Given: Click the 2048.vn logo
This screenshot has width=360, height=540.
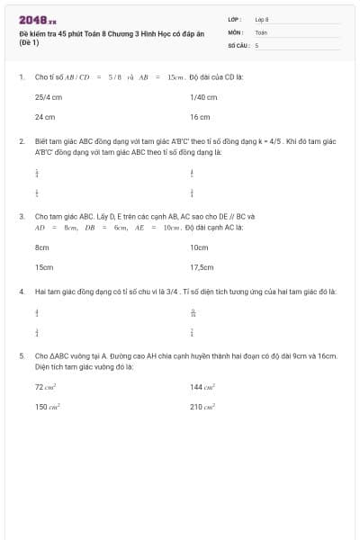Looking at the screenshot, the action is coord(37,20).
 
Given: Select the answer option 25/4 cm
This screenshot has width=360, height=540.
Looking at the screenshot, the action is coord(49,96).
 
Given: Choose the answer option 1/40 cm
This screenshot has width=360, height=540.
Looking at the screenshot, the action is coord(203,96).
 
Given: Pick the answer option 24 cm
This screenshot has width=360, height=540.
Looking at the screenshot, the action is coord(45,117).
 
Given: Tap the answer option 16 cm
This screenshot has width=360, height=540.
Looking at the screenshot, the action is coord(200,117).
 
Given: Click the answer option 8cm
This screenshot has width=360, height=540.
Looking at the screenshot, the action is coord(41,247).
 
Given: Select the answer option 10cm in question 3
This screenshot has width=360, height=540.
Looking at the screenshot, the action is coord(199,247).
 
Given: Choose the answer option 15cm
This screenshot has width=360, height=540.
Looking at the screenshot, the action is coord(43,267).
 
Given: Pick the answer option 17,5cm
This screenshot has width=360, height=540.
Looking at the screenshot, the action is coord(202,267).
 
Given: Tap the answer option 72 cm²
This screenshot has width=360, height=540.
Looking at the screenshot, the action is coord(46,386).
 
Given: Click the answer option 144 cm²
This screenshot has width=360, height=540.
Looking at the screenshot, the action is coord(202,386).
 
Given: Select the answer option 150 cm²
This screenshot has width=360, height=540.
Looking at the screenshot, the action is coord(46,407).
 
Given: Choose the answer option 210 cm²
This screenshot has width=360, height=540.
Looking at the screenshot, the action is coord(202,407).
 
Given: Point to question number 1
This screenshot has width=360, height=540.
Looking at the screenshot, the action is coord(21,76).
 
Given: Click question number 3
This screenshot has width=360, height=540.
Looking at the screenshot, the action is coord(21,216).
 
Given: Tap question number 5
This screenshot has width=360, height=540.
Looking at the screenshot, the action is coord(21,355).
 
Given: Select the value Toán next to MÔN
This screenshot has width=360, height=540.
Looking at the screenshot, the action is coord(261,31).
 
